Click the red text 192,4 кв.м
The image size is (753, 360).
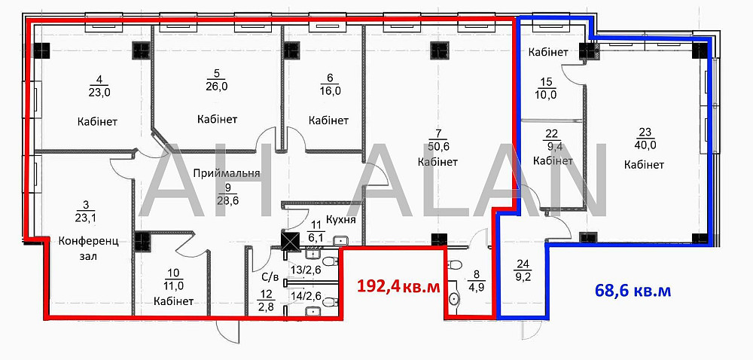pos(398,286)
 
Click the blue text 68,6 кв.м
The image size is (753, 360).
pos(633,291)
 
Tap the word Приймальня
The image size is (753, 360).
pos(227,174)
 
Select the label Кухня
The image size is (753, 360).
pos(340,220)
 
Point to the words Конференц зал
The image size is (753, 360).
pos(88,249)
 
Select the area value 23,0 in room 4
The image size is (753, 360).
pos(99,93)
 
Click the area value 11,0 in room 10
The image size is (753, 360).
pos(174,285)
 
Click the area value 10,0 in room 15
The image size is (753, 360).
pos(546,94)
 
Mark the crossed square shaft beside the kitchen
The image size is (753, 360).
pos(290,240)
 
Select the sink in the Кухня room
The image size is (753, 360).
pos(340,239)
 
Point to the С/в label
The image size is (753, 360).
pos(270,276)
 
